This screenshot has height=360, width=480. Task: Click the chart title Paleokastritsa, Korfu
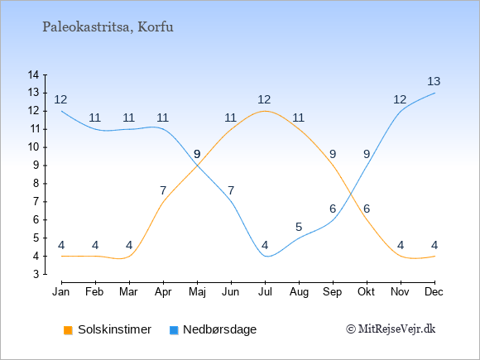click(108, 27)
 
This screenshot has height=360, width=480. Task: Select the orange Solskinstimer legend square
click(68, 330)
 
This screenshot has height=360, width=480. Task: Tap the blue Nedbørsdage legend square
click(174, 330)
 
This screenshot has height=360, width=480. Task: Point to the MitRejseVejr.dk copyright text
click(391, 329)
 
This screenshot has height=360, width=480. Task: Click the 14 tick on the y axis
click(33, 74)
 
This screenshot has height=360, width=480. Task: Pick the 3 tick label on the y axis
click(36, 274)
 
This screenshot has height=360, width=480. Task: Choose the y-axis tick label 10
click(33, 147)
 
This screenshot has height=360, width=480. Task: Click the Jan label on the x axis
click(61, 292)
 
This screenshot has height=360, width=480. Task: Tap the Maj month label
click(197, 292)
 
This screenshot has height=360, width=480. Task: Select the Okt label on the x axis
click(366, 292)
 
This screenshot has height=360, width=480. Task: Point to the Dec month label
click(434, 292)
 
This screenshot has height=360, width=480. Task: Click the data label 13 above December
click(434, 81)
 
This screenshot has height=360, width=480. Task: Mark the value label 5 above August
click(299, 227)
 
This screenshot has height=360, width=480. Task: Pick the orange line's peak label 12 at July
click(264, 99)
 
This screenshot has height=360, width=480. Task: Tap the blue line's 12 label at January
click(60, 99)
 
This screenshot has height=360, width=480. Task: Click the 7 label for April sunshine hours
click(163, 190)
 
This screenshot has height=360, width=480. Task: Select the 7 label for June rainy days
click(231, 190)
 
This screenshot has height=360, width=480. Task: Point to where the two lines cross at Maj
click(198, 166)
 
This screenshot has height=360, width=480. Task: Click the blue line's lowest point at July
click(267, 257)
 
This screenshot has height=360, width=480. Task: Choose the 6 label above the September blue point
click(333, 209)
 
